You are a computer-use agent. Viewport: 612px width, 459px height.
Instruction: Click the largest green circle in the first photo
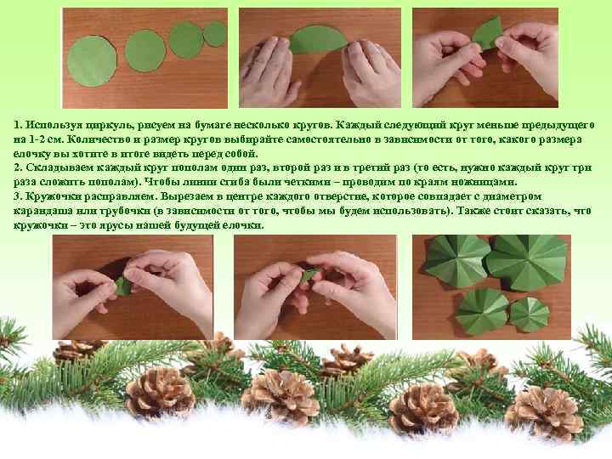coord(92,60)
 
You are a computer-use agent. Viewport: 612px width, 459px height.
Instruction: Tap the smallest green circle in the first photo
coord(214,34)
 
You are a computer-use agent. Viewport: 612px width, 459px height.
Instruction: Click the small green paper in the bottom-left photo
coord(124,286)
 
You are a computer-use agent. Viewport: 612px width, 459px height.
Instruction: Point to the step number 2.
coord(18,167)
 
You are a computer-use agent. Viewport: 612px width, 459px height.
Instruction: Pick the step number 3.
coord(18,196)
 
